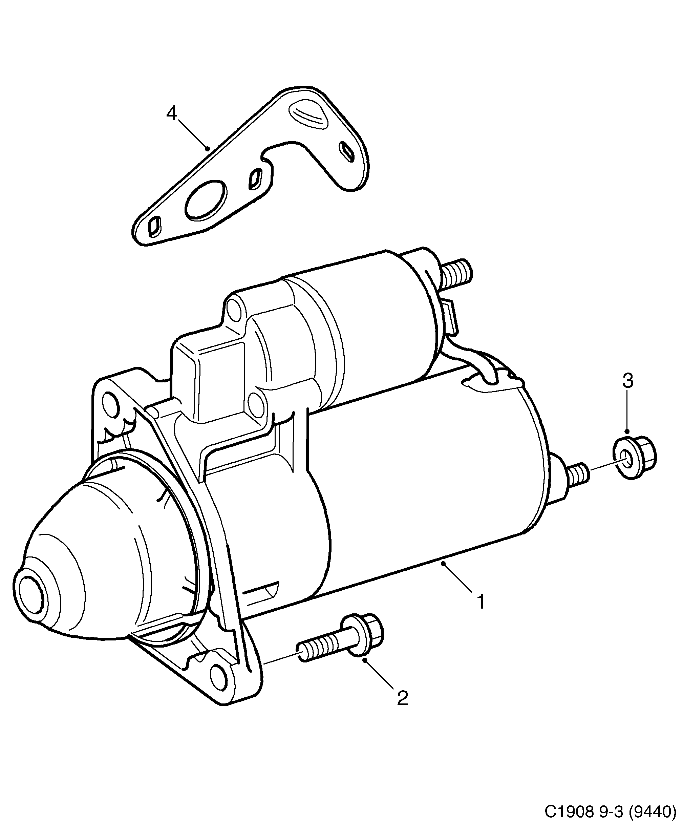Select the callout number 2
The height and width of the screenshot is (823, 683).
click(402, 698)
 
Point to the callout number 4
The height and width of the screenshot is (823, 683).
click(172, 114)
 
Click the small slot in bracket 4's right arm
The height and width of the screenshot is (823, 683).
click(347, 151)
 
